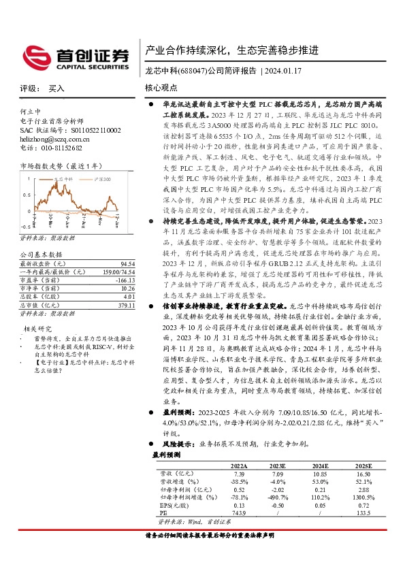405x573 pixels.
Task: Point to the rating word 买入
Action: [x=56, y=88]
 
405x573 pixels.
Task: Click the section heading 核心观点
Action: [x=161, y=88]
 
